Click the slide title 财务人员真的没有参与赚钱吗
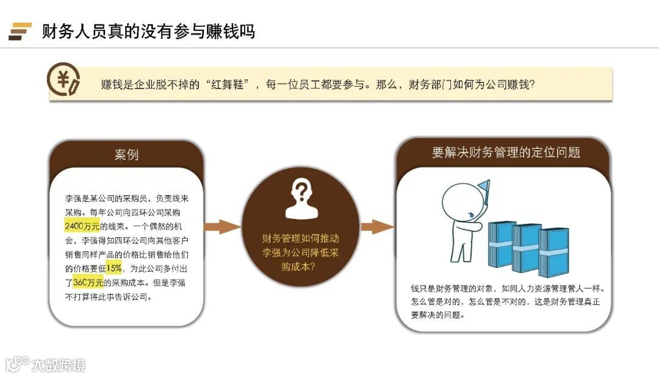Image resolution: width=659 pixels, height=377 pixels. point(148,31)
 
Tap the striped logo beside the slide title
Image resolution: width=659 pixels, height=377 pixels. point(20,31)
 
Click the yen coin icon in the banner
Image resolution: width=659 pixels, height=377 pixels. point(63,84)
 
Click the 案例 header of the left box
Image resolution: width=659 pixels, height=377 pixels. point(126,154)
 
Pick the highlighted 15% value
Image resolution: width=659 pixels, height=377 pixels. point(114,268)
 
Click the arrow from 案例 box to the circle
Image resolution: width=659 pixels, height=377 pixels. point(221,227)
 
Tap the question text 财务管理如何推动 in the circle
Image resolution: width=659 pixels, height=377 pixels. point(300,239)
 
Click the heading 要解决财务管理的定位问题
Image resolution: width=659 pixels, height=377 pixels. point(506,153)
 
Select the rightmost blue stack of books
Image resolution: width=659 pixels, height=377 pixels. point(553,251)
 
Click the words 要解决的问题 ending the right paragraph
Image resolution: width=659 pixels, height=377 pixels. point(438,315)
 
